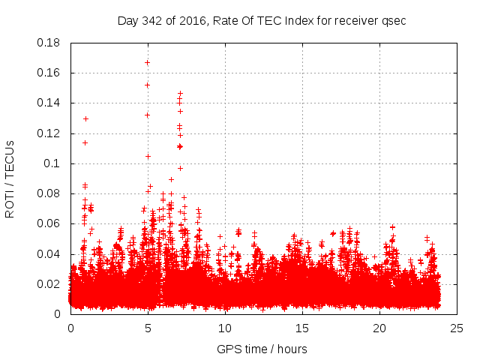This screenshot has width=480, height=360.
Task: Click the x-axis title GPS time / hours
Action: pyautogui.click(x=262, y=349)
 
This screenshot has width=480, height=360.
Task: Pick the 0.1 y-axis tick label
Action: pyautogui.click(x=55, y=163)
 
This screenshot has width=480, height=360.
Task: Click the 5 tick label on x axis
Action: pyautogui.click(x=148, y=328)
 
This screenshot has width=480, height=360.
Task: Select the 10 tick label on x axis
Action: pyautogui.click(x=225, y=328)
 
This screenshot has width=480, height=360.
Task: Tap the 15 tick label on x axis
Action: pyautogui.click(x=302, y=328)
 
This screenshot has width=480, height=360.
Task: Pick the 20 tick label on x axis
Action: pyautogui.click(x=379, y=328)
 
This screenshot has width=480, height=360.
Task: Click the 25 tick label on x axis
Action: pyautogui.click(x=457, y=328)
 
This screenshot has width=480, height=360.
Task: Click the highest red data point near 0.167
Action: pyautogui.click(x=147, y=62)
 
